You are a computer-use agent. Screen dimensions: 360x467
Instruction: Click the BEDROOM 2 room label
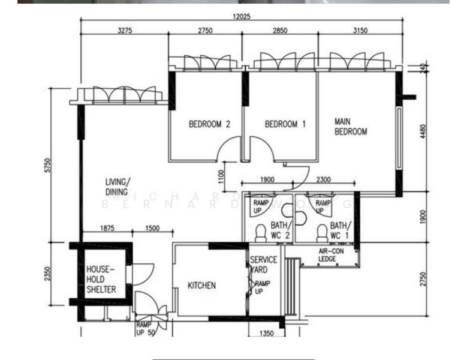click(x=210, y=125)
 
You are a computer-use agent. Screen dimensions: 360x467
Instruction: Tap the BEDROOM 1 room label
click(x=285, y=125)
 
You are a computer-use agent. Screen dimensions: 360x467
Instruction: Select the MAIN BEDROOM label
click(x=351, y=127)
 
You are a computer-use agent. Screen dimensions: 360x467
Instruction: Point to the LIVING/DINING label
click(x=117, y=187)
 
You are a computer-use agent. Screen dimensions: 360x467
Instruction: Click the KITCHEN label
click(x=201, y=286)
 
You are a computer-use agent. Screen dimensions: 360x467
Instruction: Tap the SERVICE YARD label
click(x=263, y=264)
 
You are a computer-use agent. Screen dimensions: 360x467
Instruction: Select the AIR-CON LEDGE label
click(x=328, y=255)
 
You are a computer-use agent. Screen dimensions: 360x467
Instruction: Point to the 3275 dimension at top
click(x=124, y=30)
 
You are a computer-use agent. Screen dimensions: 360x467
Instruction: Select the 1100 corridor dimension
click(x=221, y=176)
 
